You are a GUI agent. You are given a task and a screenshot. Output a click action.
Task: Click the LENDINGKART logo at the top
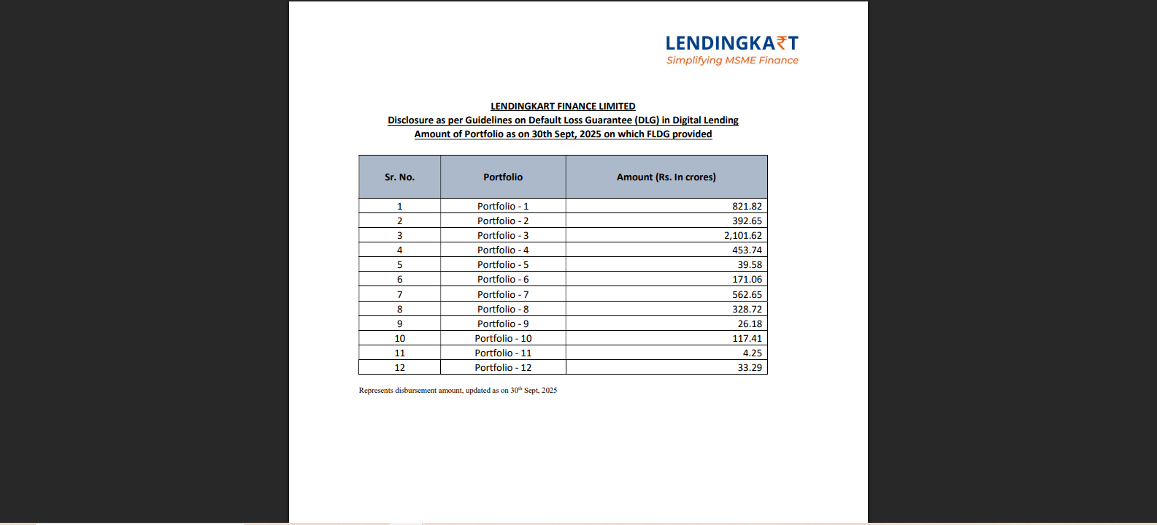tap(731, 43)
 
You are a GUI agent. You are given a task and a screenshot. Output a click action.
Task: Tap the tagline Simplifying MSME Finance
tap(732, 61)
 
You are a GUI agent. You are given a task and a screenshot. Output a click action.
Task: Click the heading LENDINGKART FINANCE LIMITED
tap(563, 107)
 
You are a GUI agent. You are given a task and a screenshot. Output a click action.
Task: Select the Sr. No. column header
tap(399, 177)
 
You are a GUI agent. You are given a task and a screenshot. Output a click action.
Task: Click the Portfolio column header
tap(503, 177)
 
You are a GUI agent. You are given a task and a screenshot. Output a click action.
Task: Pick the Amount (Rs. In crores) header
tap(666, 177)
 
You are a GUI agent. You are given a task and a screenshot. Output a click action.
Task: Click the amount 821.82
tap(747, 207)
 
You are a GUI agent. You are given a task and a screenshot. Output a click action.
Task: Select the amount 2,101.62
tap(742, 236)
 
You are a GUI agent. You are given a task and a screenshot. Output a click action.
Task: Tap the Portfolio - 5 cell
tap(503, 265)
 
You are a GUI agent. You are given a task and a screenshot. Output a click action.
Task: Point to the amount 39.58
tap(749, 265)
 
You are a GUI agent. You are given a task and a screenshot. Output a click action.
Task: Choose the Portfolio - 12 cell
tap(503, 368)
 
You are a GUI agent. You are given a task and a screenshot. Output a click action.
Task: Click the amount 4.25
tap(752, 353)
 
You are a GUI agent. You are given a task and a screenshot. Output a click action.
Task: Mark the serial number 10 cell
tap(399, 339)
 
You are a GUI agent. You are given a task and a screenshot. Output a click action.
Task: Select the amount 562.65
tap(747, 295)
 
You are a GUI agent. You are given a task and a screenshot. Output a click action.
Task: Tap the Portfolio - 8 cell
tap(503, 310)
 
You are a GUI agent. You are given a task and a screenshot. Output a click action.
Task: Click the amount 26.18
tap(749, 324)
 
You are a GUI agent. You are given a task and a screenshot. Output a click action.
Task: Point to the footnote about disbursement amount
tap(458, 391)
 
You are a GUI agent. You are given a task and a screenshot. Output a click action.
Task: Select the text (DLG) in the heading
tap(647, 120)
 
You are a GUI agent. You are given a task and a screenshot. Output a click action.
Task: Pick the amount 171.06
tap(747, 280)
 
